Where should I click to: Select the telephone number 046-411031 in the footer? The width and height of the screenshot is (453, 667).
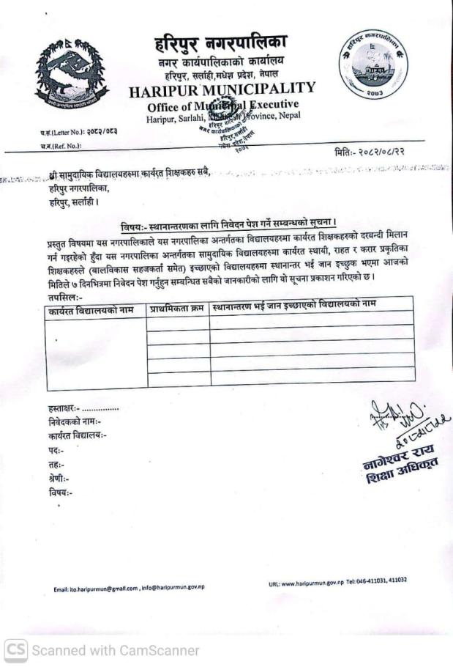pyautogui.click(x=379, y=581)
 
